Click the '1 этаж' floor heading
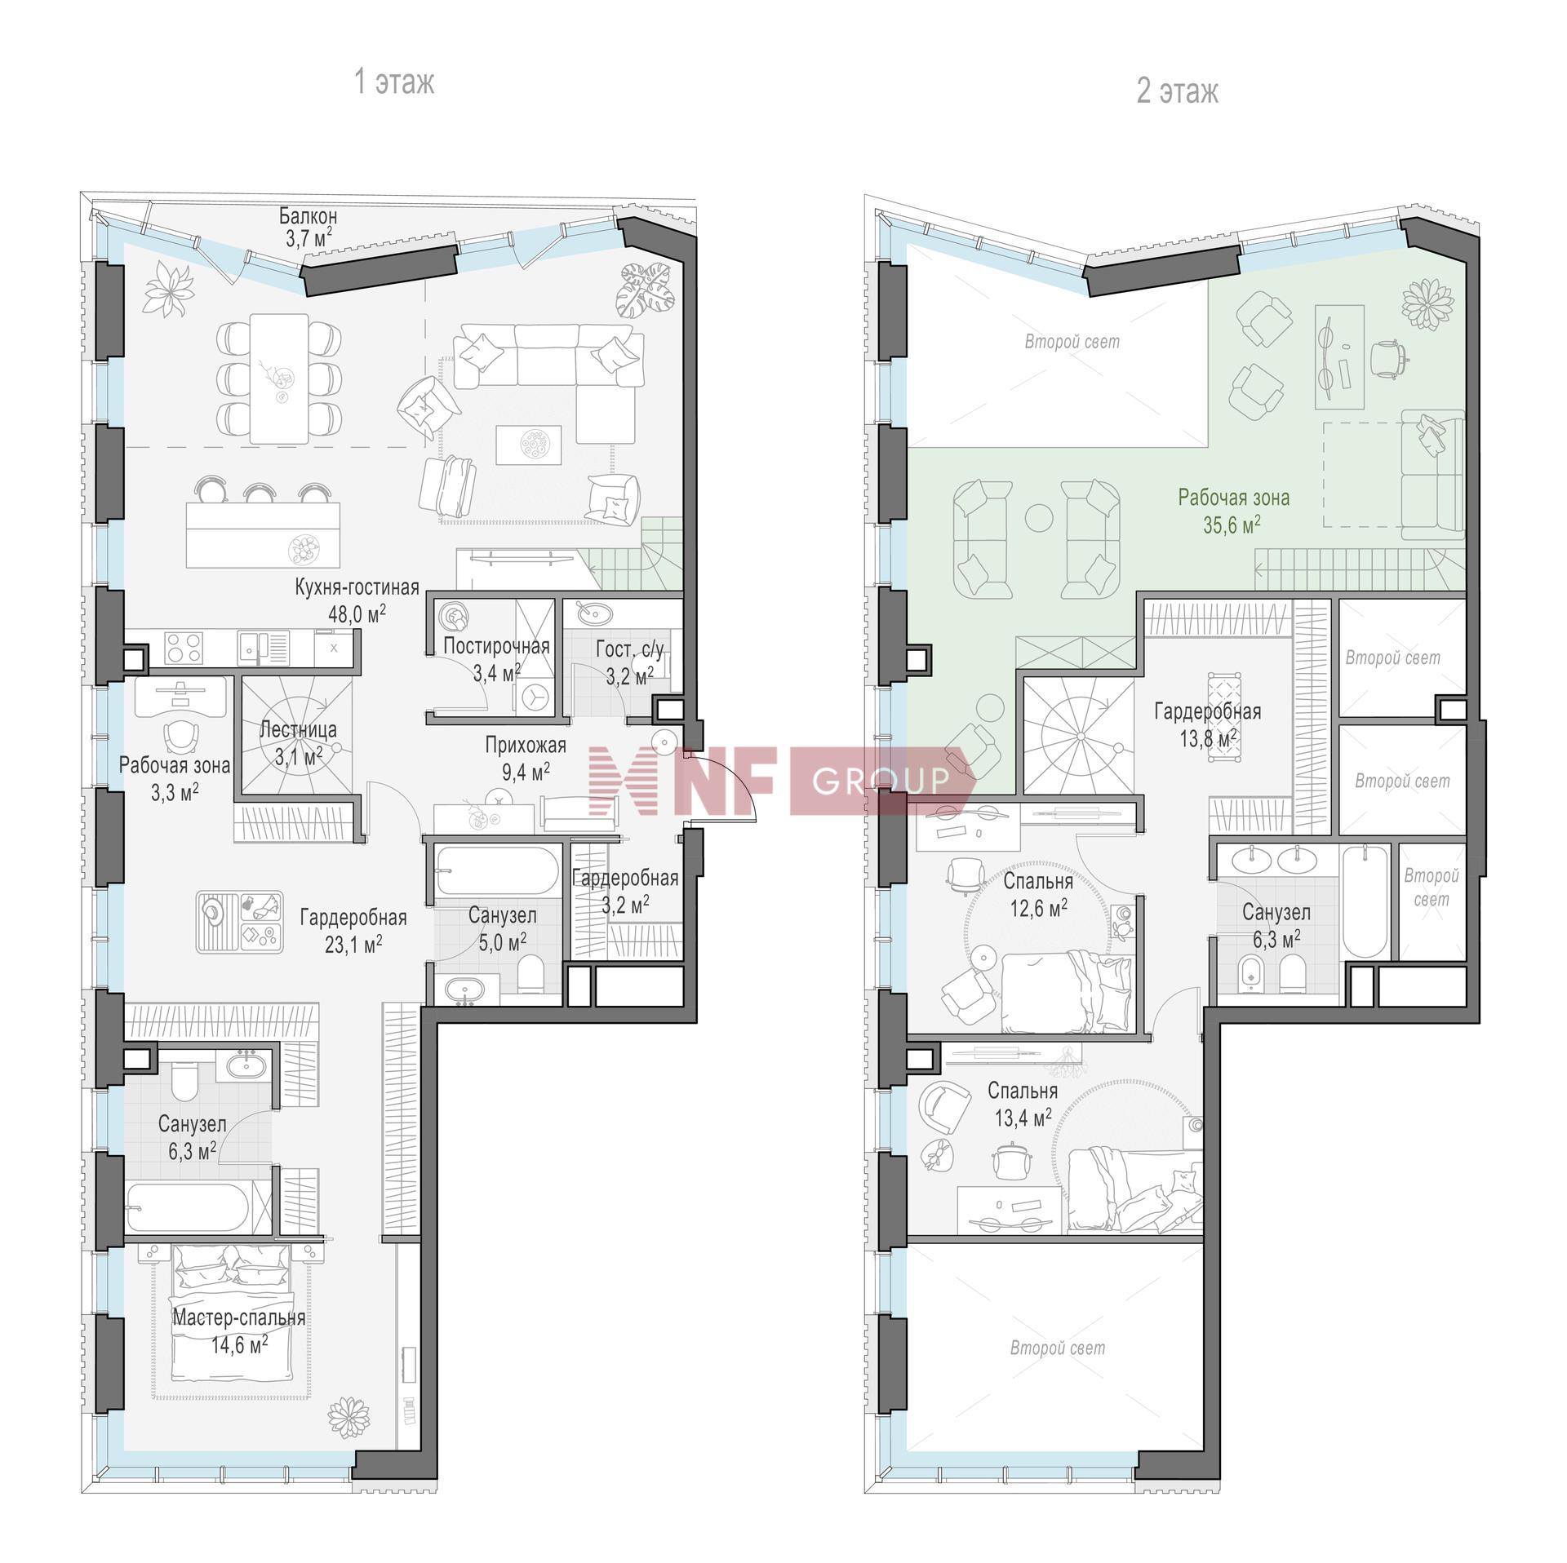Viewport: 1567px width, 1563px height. click(x=394, y=82)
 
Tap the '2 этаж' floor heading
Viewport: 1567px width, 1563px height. click(x=1178, y=91)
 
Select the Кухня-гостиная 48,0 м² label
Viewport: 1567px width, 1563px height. click(x=357, y=600)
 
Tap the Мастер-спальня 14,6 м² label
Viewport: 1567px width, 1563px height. click(x=239, y=1331)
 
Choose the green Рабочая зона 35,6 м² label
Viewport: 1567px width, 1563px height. click(x=1233, y=510)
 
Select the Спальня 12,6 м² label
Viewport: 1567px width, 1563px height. click(x=1037, y=894)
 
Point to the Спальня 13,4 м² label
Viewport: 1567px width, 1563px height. click(x=1023, y=1104)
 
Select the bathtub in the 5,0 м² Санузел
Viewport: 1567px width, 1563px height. click(x=495, y=871)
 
